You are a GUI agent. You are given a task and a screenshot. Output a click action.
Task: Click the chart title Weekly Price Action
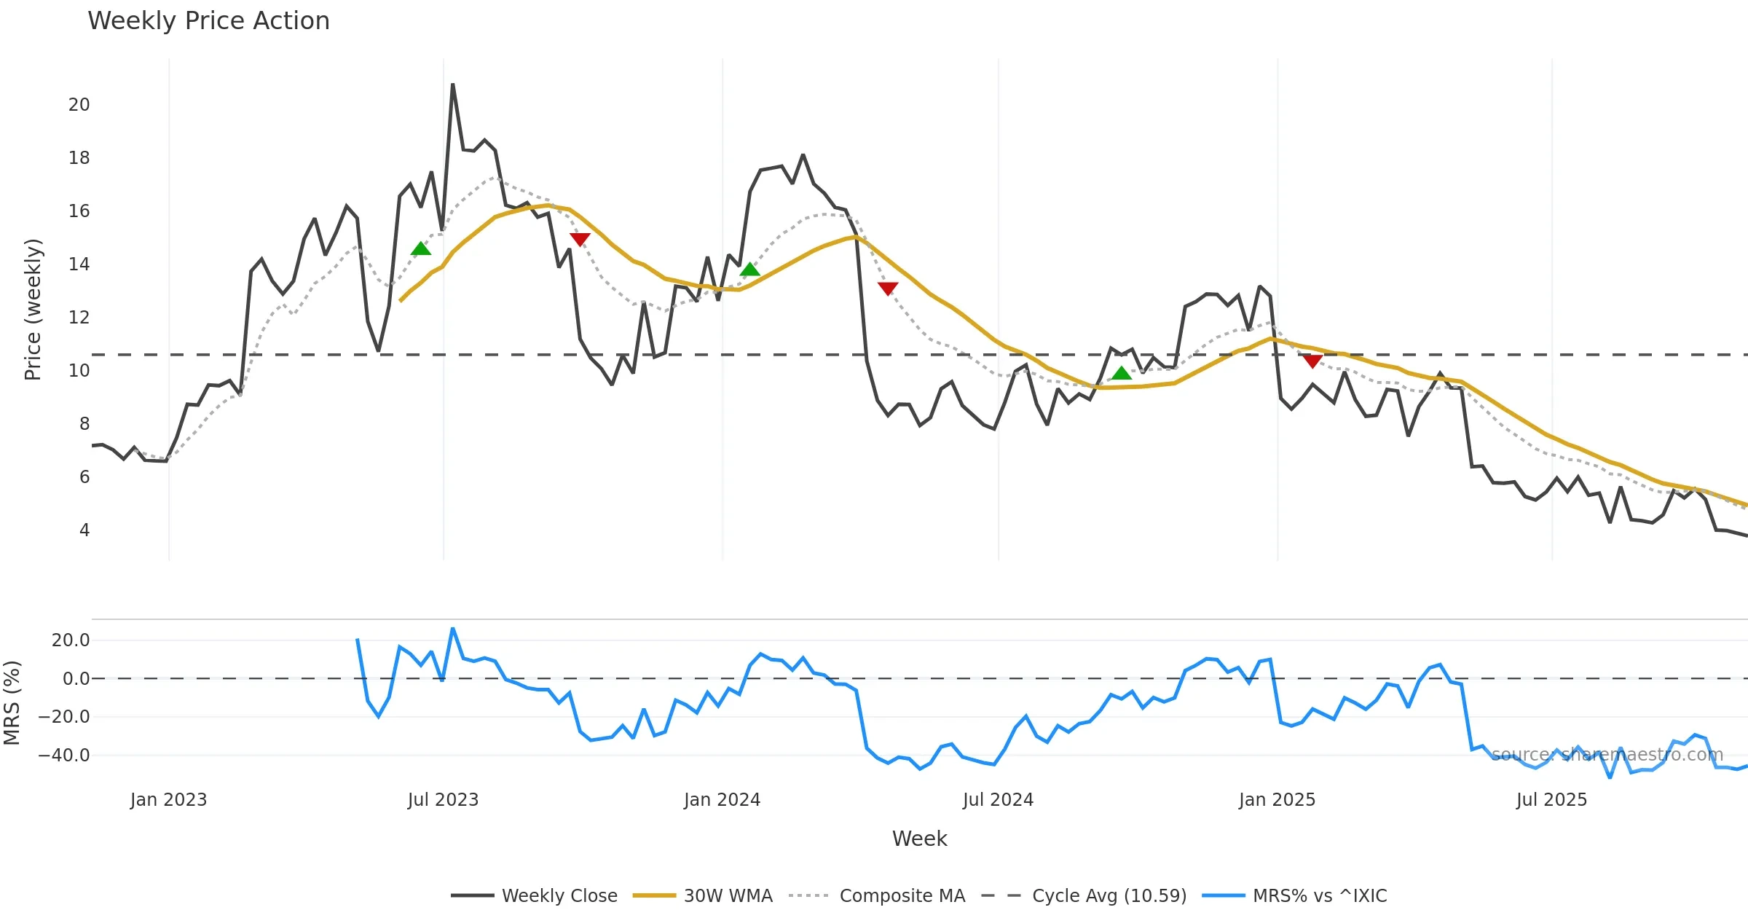pyautogui.click(x=208, y=21)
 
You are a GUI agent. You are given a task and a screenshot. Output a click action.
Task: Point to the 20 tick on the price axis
pyautogui.click(x=79, y=105)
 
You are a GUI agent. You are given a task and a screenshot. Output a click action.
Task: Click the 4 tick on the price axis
pyautogui.click(x=84, y=530)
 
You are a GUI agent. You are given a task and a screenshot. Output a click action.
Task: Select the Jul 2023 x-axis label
pyautogui.click(x=443, y=800)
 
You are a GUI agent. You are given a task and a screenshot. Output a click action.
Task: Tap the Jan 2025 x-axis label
pyautogui.click(x=1277, y=800)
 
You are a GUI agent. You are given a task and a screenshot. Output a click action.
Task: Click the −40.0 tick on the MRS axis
pyautogui.click(x=64, y=756)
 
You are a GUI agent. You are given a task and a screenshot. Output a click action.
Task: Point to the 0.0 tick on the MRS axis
pyautogui.click(x=76, y=679)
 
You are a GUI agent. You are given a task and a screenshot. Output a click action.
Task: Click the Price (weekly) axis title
pyautogui.click(x=33, y=310)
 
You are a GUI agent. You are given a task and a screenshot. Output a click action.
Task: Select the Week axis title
pyautogui.click(x=919, y=839)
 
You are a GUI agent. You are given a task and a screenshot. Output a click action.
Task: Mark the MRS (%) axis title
pyautogui.click(x=12, y=702)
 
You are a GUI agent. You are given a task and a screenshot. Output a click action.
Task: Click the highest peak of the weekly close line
pyautogui.click(x=452, y=85)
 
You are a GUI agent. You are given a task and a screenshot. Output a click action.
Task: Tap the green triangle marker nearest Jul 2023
pyautogui.click(x=421, y=249)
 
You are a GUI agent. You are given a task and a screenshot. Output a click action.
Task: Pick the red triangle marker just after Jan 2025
pyautogui.click(x=1312, y=361)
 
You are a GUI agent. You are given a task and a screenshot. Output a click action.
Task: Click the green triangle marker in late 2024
pyautogui.click(x=1122, y=374)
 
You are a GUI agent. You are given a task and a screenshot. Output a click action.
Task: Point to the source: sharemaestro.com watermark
pyautogui.click(x=1607, y=754)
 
